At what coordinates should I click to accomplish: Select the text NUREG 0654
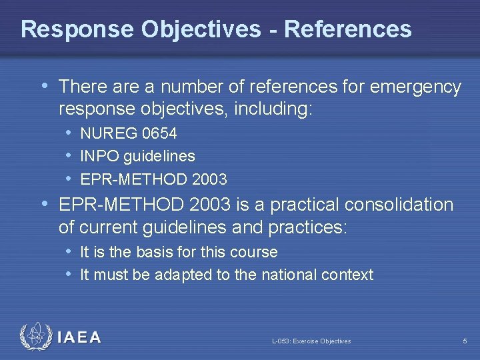coord(128,134)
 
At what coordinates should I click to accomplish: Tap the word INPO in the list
coord(98,157)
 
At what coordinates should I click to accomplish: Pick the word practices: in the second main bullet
coord(307,227)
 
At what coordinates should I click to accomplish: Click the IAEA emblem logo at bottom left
coord(35,337)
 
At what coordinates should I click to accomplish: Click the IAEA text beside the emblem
coord(79,338)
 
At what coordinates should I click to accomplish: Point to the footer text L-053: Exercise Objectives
coord(311,341)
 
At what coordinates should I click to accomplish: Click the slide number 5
coord(465,341)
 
